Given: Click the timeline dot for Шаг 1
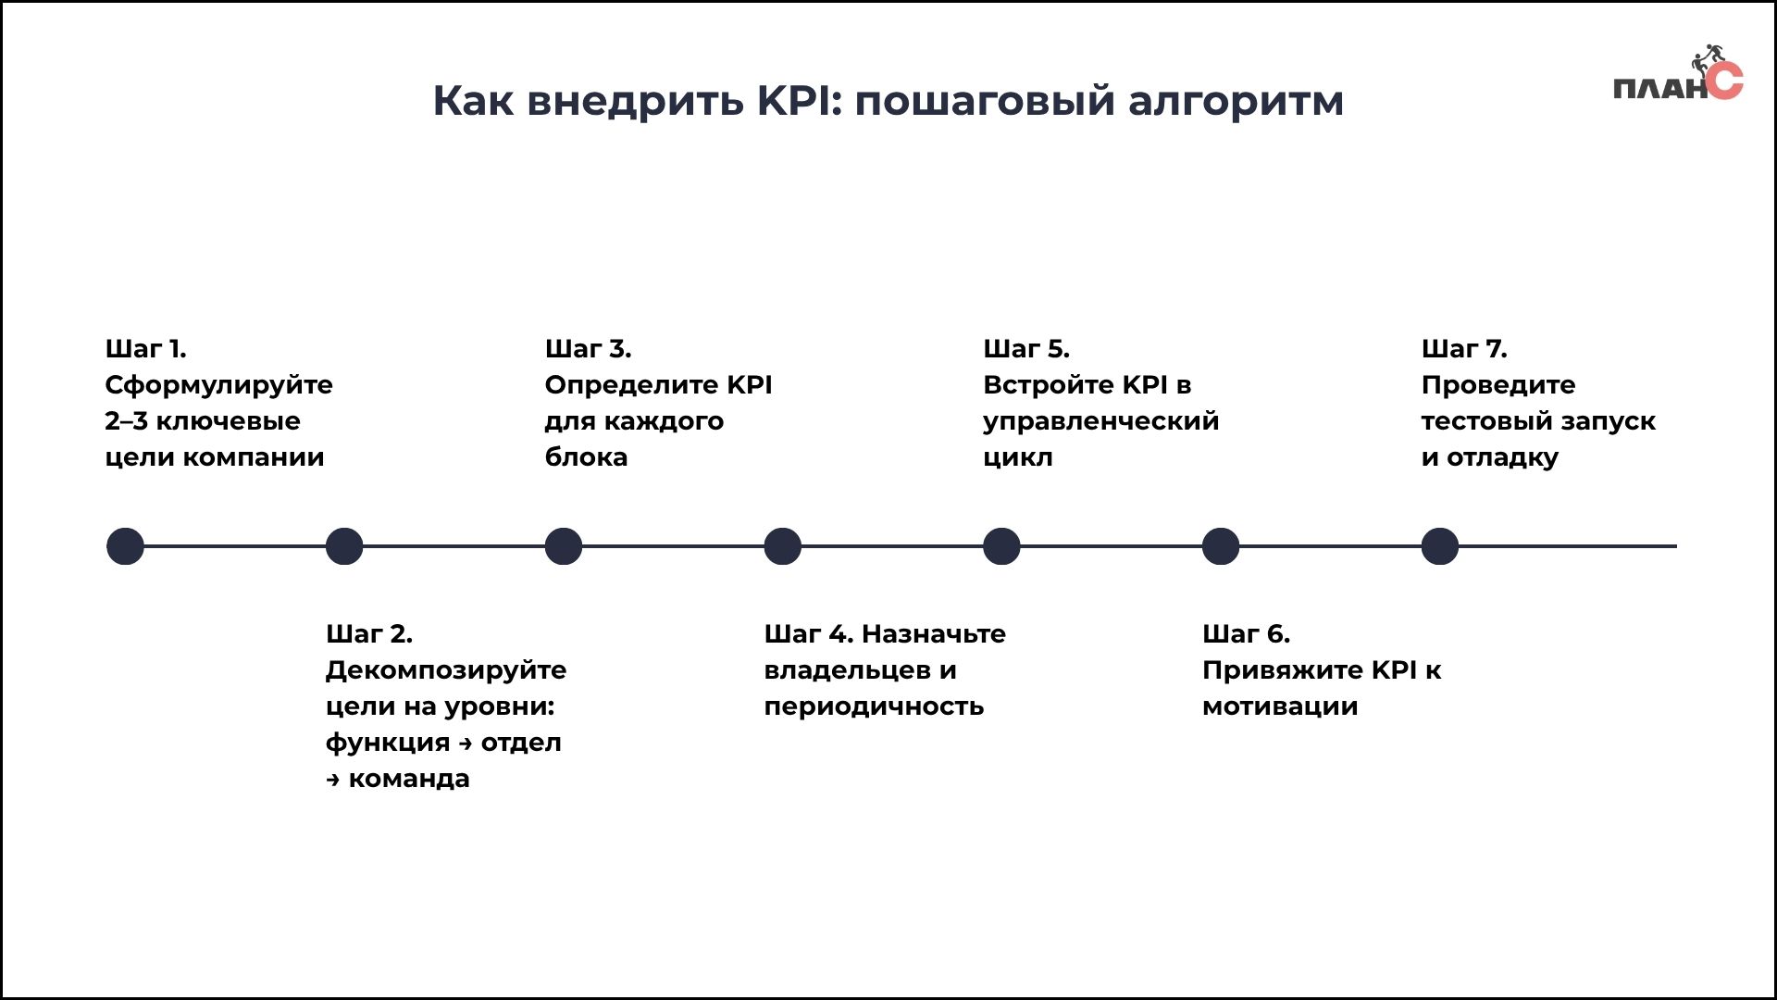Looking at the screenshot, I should click(125, 546).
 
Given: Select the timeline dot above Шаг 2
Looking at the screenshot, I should click(344, 546).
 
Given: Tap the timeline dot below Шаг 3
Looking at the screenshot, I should click(564, 546).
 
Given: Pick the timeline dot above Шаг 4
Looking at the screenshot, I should click(782, 546).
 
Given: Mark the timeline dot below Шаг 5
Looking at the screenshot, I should click(1001, 546).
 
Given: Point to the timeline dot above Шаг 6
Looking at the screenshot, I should click(1221, 546).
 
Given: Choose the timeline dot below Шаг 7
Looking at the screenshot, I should click(1440, 546).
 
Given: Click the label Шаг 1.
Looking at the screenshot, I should click(145, 349).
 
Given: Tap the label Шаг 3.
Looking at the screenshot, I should click(588, 349).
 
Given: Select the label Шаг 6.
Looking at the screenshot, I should click(1246, 634).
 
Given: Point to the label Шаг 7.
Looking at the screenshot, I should click(1464, 349).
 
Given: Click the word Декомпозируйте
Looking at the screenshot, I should click(446, 670).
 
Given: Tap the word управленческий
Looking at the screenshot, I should click(1100, 421).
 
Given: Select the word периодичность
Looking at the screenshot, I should click(874, 706).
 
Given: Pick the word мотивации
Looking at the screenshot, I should click(1280, 706).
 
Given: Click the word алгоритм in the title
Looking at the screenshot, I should click(1236, 101).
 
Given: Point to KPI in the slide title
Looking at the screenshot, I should click(798, 100).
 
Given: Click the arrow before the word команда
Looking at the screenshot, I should click(333, 781).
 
